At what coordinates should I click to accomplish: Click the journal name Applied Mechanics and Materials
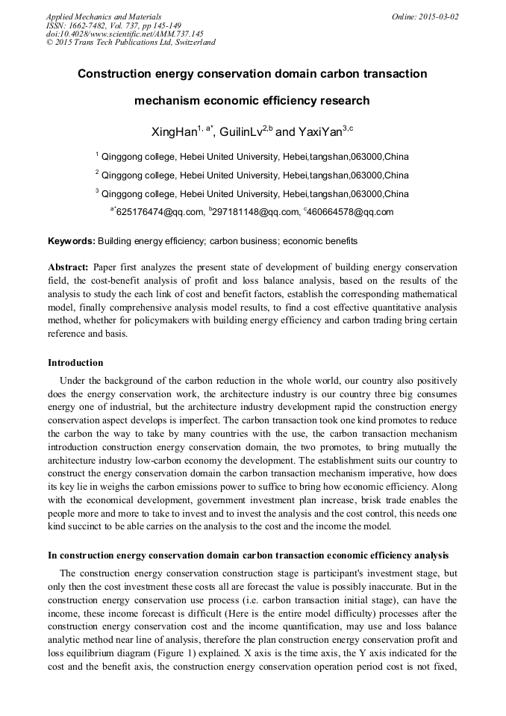(104, 16)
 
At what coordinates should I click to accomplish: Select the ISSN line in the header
(113, 25)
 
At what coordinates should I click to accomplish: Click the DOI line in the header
(125, 34)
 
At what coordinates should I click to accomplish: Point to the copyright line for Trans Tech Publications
(131, 42)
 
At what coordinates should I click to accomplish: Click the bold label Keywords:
(72, 241)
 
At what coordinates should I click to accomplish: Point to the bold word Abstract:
(69, 267)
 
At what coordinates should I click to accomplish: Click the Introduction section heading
(75, 363)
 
